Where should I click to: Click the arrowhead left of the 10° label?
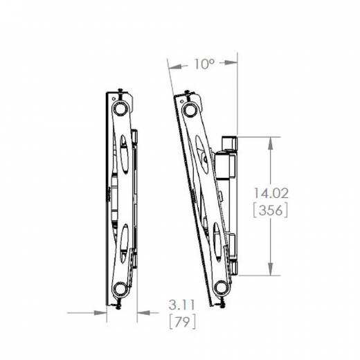pyautogui.click(x=173, y=65)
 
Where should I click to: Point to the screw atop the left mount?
pyautogui.click(x=121, y=90)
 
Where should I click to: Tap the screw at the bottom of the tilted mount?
pyautogui.click(x=224, y=302)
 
